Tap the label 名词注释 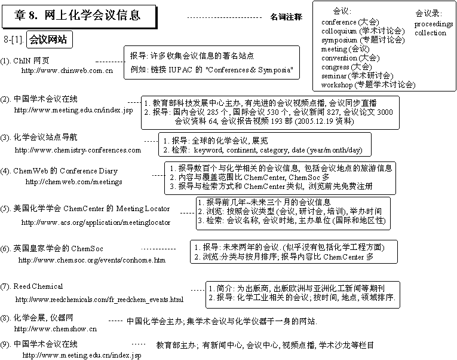286,18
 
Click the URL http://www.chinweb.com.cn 67,71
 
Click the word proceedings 434,24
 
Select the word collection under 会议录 431,33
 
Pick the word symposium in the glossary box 339,40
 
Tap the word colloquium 340,31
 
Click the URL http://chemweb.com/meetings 74,182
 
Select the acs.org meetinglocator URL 96,222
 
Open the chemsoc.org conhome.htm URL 92,260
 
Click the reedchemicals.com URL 100,299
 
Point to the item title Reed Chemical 38,286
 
